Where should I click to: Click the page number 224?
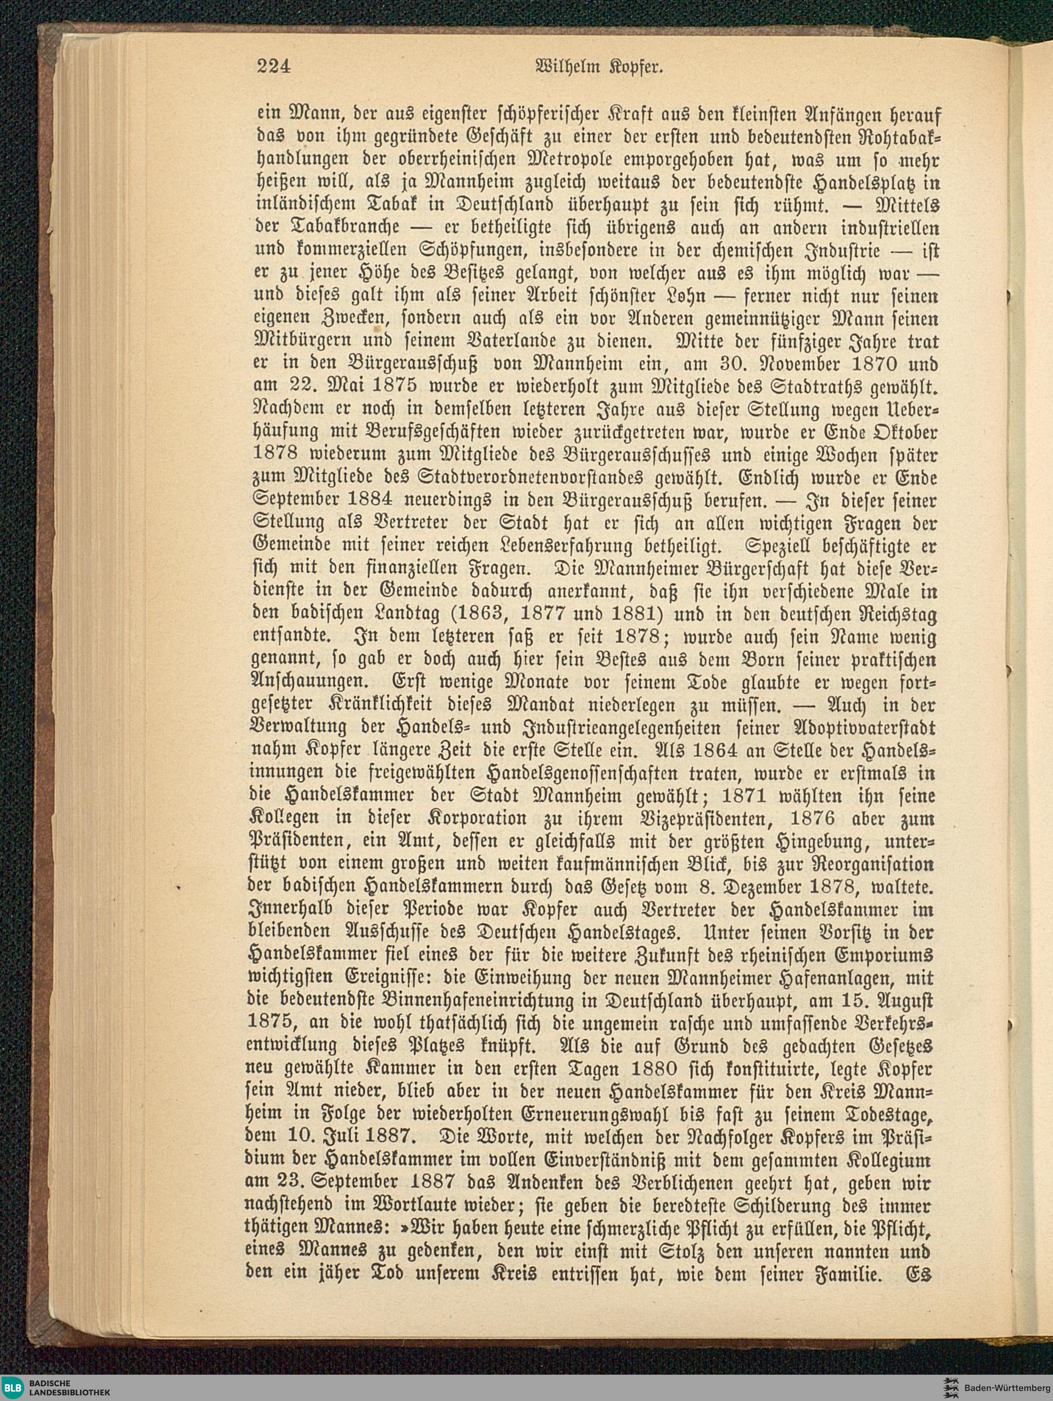273,66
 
